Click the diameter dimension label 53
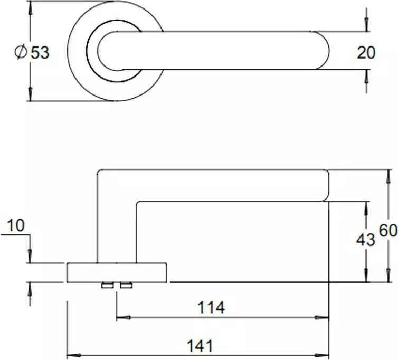pos(40,53)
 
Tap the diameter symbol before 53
pos(21,52)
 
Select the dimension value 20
pos(366,53)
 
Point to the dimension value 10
pos(16,225)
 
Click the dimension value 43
pos(365,240)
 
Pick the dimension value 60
pos(388,231)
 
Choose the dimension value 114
pos(211,307)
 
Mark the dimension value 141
pos(200,346)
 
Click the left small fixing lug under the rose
pos(108,286)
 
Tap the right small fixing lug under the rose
pos(126,286)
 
